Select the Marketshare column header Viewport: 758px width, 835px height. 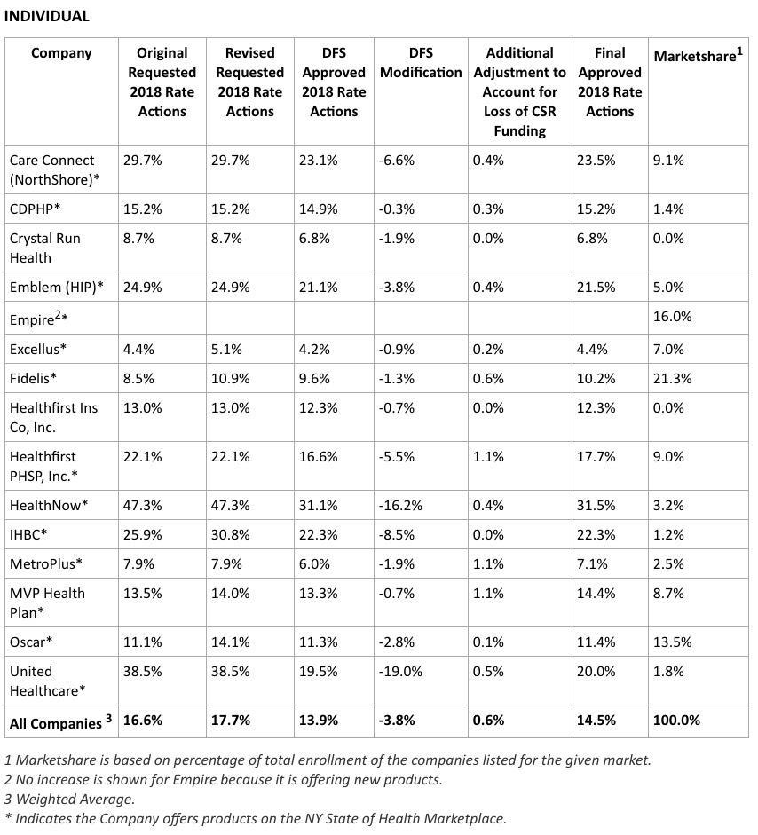click(x=698, y=56)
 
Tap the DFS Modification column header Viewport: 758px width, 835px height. click(x=421, y=62)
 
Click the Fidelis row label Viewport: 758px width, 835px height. click(x=33, y=378)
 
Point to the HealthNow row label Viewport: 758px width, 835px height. click(x=49, y=505)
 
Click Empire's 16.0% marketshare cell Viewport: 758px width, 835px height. click(x=672, y=317)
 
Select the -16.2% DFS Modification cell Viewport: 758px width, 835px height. click(x=400, y=505)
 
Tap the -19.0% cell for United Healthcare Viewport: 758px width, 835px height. click(x=400, y=671)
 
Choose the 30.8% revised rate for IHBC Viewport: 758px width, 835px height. click(x=232, y=534)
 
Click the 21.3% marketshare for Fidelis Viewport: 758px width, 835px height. click(x=672, y=378)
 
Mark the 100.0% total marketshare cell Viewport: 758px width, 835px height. click(x=676, y=720)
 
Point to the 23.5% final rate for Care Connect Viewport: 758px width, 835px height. click(x=596, y=160)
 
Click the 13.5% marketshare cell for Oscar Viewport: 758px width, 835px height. click(x=672, y=642)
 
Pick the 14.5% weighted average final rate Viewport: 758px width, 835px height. click(x=596, y=720)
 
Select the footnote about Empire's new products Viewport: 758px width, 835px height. click(x=223, y=779)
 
